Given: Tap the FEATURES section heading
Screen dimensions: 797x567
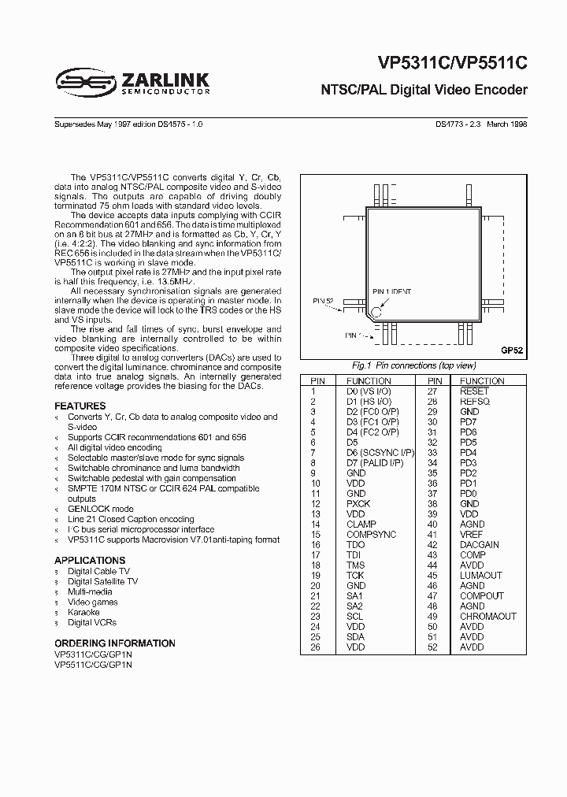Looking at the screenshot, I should coord(80,406).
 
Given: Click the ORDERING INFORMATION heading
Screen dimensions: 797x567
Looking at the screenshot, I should coord(115,643).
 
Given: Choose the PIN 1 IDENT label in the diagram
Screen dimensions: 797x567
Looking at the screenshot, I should coord(391,291).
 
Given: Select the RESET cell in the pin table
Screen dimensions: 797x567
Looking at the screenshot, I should coord(474,391).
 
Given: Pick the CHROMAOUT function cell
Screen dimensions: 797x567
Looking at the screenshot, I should coord(487,617).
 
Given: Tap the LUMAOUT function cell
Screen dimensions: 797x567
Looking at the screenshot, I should coord(480,576).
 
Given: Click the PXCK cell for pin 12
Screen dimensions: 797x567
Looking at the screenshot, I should coord(358,503).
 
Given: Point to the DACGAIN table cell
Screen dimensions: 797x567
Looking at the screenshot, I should coord(479,545).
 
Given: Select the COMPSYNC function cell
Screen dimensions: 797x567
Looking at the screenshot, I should coord(372,535).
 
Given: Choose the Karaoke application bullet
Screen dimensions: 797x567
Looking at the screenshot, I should coord(83,612).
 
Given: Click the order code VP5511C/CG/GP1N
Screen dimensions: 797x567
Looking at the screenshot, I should coord(94,665).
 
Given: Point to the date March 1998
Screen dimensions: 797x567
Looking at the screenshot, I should coord(507,124).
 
